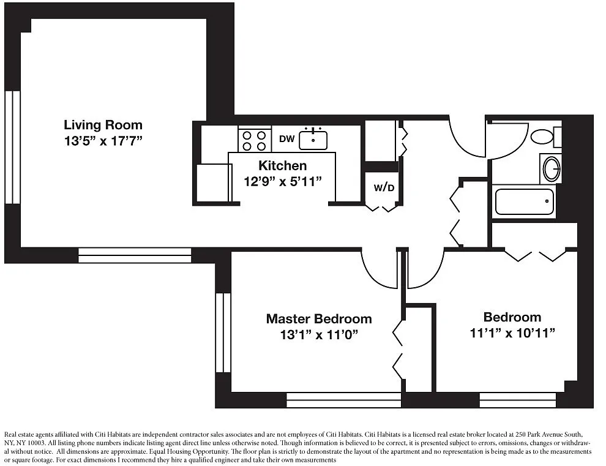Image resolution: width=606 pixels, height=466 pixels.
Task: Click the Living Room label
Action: (103, 125)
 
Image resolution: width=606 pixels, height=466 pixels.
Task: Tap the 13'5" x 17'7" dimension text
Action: (103, 141)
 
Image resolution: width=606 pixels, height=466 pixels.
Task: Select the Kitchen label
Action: (283, 165)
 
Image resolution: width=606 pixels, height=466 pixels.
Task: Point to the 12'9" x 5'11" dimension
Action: (283, 181)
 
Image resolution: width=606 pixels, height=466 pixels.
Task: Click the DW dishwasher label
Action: (286, 139)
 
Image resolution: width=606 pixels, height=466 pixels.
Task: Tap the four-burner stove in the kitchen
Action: (254, 140)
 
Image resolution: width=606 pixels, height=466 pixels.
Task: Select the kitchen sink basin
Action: (313, 140)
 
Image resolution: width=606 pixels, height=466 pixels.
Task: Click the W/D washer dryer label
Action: (384, 188)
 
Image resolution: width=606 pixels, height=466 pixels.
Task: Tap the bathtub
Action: (525, 201)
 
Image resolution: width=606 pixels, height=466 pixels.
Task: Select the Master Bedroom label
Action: (319, 319)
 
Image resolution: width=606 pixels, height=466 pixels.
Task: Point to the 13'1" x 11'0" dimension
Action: (319, 334)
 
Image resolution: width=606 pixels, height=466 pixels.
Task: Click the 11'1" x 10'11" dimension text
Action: (512, 333)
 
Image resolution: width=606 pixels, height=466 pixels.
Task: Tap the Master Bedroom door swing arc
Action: (370, 277)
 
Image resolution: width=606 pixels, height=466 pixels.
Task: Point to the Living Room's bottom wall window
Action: (135, 255)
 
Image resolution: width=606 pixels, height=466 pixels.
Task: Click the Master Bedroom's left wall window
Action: (223, 333)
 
